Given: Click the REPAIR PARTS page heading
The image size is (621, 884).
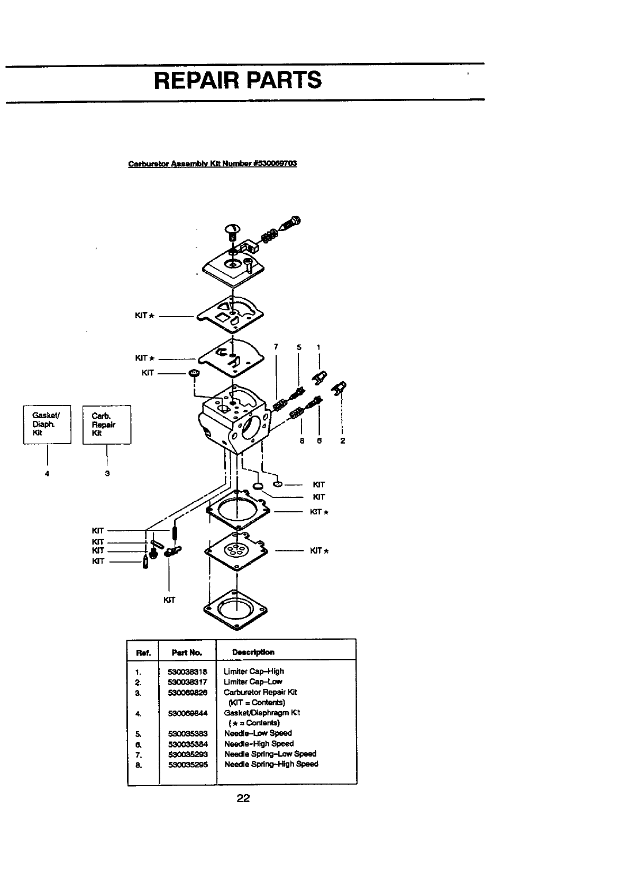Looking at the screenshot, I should click(x=238, y=80).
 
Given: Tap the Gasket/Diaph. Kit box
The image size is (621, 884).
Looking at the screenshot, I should click(x=47, y=425).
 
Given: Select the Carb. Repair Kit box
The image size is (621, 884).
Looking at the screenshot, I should click(x=107, y=425).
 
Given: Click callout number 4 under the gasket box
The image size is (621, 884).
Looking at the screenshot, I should click(x=47, y=474).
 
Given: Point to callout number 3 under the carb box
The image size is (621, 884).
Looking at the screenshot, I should click(x=107, y=474).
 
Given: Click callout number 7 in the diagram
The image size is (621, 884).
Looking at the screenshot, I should click(x=276, y=347).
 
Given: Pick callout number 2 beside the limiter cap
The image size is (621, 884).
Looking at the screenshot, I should click(x=343, y=441).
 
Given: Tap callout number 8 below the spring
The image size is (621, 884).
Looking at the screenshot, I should click(x=302, y=441).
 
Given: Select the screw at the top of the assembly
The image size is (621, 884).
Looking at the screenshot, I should click(x=232, y=231).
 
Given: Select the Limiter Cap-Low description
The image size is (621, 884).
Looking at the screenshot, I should click(x=253, y=682).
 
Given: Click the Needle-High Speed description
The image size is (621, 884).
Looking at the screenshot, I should click(x=259, y=743).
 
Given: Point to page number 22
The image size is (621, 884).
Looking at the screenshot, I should click(x=243, y=798).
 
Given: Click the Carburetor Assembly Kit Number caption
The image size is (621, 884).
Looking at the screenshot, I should click(x=213, y=163).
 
